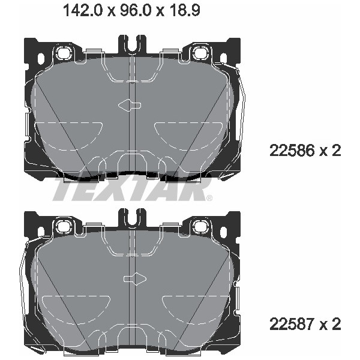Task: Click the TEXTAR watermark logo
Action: click(129, 191)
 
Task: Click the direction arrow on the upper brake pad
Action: click(129, 105)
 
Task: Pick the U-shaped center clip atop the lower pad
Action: click(131, 217)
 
